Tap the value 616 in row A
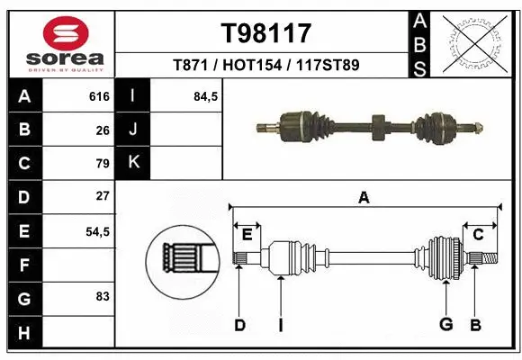point(98,96)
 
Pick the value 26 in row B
point(102,130)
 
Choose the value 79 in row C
point(102,164)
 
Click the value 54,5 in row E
point(97,231)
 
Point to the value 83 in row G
point(102,296)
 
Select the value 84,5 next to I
point(206,96)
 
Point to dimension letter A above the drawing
point(364,198)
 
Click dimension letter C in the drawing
point(478,234)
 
